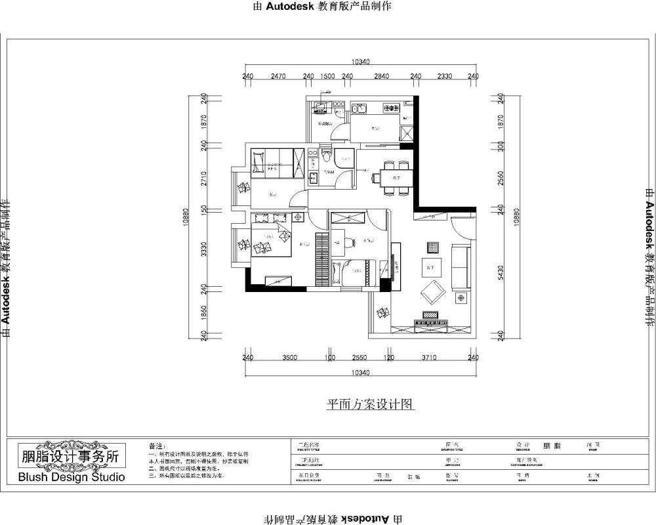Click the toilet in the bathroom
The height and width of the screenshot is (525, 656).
(x=326, y=157)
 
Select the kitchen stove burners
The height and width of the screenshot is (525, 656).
(x=392, y=108)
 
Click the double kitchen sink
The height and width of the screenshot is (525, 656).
(x=358, y=109)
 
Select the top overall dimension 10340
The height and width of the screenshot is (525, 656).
(x=361, y=62)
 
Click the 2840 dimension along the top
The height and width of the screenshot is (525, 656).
(x=382, y=76)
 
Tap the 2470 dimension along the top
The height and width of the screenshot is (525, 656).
(x=277, y=76)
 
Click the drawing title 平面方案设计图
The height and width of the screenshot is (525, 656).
(x=371, y=405)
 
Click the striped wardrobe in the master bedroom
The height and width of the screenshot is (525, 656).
(x=321, y=259)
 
